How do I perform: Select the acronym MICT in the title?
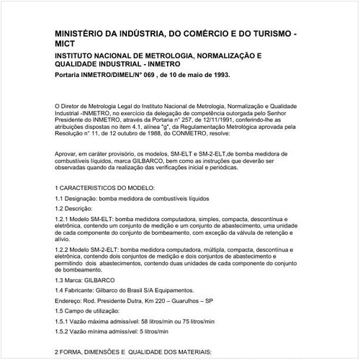tap(68, 44)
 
